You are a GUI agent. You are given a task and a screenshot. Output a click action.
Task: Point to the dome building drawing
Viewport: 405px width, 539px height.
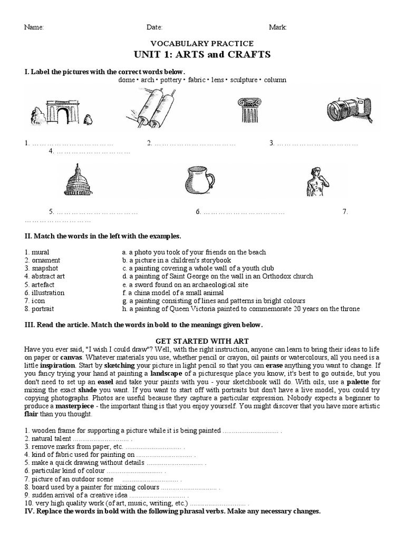pyautogui.click(x=78, y=179)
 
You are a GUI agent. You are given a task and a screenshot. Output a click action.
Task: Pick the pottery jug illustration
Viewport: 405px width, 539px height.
pyautogui.click(x=200, y=181)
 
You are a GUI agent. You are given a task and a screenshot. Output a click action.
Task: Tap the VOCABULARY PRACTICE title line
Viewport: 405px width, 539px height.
pyautogui.click(x=202, y=44)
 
